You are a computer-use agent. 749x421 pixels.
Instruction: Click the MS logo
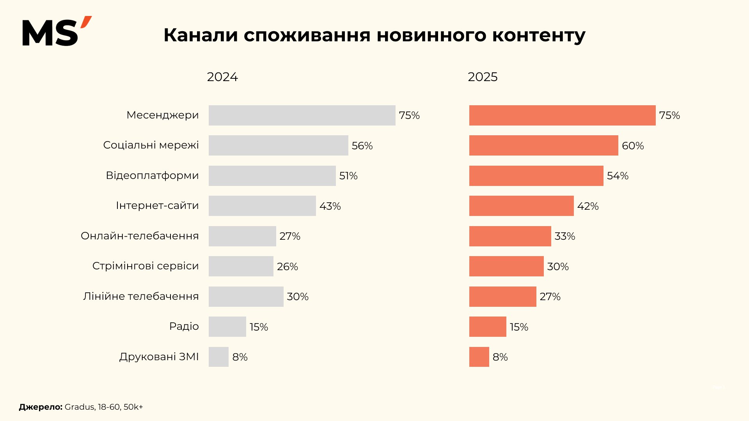coord(57,32)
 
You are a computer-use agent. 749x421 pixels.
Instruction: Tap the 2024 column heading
coord(222,77)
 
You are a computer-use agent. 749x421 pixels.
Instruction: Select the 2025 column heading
coord(483,77)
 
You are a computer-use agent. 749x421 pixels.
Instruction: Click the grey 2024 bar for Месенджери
coord(302,115)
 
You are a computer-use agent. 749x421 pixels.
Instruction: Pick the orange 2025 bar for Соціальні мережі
coord(543,145)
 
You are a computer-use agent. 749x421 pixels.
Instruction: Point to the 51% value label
coord(348,176)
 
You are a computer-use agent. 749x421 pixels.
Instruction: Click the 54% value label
coord(618,176)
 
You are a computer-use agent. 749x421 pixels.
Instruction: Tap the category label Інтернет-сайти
coord(157,205)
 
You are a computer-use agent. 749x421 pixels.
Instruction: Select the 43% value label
coord(330,206)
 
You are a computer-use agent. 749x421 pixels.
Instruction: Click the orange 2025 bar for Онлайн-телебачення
coord(510,236)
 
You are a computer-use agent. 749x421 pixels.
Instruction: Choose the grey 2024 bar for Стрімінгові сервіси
coord(241,266)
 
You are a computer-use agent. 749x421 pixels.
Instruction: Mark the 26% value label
coord(288,267)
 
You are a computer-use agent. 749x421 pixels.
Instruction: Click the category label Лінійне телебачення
coord(141,296)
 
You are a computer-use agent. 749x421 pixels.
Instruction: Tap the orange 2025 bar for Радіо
coord(488,327)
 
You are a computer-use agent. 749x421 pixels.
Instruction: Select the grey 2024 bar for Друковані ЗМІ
coord(218,357)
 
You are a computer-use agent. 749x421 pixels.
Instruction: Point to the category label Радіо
coord(184,326)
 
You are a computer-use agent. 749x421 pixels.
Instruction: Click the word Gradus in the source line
coord(80,407)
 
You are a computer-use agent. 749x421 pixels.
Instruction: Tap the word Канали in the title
coord(201,35)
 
